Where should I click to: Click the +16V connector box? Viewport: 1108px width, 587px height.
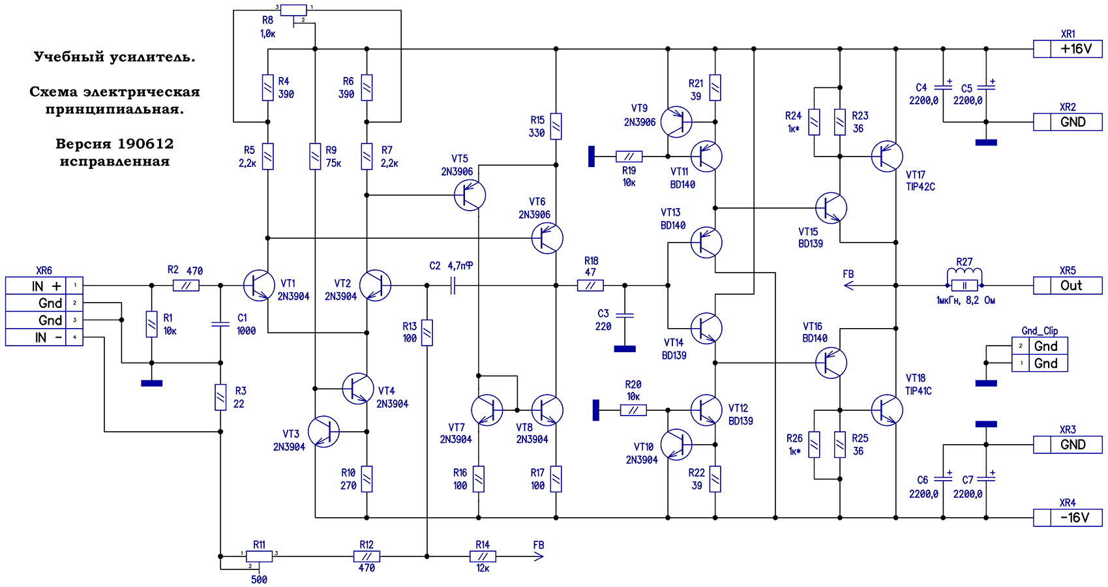coord(1068,49)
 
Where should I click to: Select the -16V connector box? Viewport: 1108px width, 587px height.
coord(1068,517)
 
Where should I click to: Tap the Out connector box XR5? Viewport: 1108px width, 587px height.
coord(1068,285)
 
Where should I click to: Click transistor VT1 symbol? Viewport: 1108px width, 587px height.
coord(259,285)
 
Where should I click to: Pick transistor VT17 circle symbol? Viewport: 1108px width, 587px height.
coord(887,157)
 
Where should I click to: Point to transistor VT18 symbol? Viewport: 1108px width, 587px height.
coord(887,410)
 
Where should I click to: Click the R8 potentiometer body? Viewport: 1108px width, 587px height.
coord(293,10)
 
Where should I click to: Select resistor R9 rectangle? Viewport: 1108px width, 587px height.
coord(315,157)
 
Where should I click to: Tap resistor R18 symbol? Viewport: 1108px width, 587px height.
coord(590,285)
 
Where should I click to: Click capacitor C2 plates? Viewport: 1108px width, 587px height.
coord(453,285)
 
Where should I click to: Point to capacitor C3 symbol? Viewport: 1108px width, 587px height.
coord(625,315)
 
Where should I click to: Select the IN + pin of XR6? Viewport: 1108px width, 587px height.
coord(44,285)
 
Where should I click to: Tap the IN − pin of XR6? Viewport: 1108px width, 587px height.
coord(44,337)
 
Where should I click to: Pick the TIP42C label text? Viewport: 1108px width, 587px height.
coord(921,187)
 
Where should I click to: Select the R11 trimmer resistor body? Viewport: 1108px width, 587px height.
coord(259,556)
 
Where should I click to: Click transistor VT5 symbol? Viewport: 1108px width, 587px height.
coord(470,195)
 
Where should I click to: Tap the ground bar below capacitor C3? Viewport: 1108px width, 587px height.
coord(625,349)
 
